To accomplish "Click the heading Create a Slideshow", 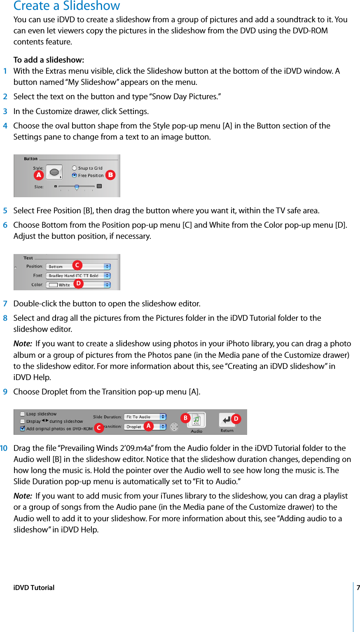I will tap(67, 6).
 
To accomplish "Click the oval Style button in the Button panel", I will tap(54, 172).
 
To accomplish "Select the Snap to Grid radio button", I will tap(74, 168).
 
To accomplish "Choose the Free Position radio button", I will tap(74, 175).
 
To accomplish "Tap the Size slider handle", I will tap(77, 187).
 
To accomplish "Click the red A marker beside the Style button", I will tap(39, 175).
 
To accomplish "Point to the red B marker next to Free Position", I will tap(110, 175).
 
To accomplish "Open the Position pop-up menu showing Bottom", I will tap(78, 266).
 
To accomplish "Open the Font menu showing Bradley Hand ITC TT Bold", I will tap(78, 275).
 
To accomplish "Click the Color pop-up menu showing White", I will tap(78, 285).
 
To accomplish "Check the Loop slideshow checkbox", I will tap(23, 414).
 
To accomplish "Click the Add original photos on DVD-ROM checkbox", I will tap(23, 429).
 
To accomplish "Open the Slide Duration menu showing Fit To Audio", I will tap(145, 417).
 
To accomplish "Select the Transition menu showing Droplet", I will tap(145, 427).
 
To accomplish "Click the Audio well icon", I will tap(196, 420).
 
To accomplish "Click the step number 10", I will tap(4, 448).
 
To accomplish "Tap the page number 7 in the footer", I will tap(358, 588).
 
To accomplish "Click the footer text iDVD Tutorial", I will tap(34, 588).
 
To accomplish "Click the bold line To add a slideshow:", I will tap(49, 60).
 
